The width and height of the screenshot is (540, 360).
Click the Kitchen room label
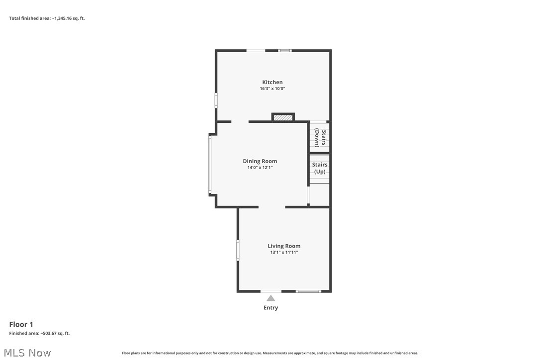(x=272, y=82)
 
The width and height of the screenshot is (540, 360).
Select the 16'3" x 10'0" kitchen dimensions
(x=272, y=89)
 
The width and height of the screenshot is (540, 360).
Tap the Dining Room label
(x=260, y=161)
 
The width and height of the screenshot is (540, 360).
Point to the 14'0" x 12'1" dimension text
(x=260, y=168)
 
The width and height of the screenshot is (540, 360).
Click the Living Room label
(x=284, y=246)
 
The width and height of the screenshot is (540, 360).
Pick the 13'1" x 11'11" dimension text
(x=284, y=252)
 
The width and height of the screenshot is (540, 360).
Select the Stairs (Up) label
(x=320, y=168)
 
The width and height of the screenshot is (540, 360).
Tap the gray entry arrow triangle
(x=270, y=298)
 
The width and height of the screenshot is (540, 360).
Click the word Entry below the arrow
(x=270, y=308)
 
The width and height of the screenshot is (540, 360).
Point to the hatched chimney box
(x=283, y=118)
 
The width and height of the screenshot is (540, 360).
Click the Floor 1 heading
(x=21, y=325)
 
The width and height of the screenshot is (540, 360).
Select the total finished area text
(x=47, y=18)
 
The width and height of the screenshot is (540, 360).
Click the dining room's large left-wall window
(x=210, y=165)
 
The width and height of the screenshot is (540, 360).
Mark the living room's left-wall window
(x=238, y=250)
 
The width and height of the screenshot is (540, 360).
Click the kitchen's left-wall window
(x=216, y=100)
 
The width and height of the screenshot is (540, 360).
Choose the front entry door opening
(x=270, y=291)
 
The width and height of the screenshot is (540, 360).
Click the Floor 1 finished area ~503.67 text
(x=39, y=333)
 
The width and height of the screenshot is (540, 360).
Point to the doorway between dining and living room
(x=271, y=207)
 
